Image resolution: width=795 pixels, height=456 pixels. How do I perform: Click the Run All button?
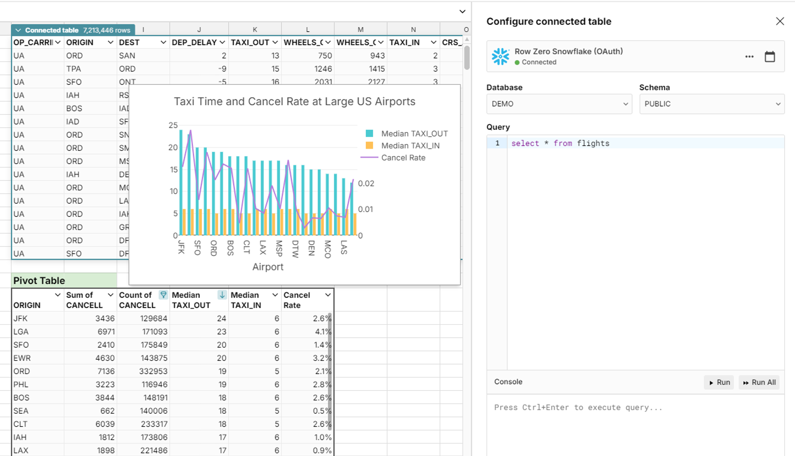[x=759, y=383]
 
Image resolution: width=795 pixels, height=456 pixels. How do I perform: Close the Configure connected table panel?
[x=780, y=21]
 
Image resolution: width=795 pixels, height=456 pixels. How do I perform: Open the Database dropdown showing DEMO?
[x=559, y=104]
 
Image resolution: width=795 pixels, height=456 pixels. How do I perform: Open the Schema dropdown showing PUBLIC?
[x=712, y=104]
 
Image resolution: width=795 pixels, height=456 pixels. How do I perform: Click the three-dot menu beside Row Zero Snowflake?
[x=749, y=57]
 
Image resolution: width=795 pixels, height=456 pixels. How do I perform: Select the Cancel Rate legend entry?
[x=403, y=157]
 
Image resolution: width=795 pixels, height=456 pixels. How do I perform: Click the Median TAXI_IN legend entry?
[x=410, y=146]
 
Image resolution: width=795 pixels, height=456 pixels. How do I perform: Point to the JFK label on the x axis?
[x=181, y=247]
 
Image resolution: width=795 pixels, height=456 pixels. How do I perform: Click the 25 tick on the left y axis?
[x=173, y=125]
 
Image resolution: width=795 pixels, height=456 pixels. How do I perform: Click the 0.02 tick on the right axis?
[x=366, y=184]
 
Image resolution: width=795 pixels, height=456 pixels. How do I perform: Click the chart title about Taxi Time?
[x=294, y=102]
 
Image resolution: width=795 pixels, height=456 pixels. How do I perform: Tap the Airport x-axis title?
[x=268, y=267]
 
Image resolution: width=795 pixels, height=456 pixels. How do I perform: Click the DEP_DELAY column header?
[x=194, y=43]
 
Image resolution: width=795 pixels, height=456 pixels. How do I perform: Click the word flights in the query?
[x=593, y=143]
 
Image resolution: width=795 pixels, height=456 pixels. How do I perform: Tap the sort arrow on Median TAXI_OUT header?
[x=222, y=295]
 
